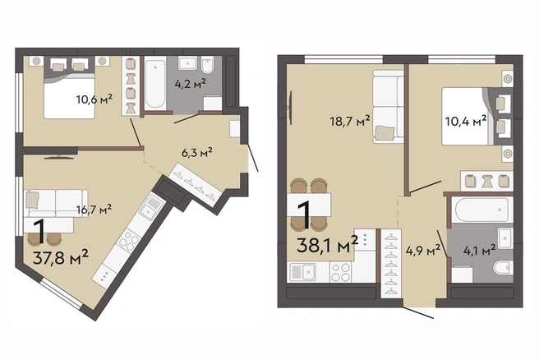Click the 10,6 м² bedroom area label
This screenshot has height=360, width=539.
[94, 99]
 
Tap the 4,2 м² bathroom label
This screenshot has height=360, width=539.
[191, 84]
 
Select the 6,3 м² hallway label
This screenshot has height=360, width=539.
[197, 152]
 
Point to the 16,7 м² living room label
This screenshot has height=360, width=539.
[94, 209]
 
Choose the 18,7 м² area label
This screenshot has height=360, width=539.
[350, 121]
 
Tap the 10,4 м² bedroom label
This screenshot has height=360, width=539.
[466, 121]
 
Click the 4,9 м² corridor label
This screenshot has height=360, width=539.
[423, 250]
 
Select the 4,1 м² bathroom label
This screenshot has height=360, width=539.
[480, 250]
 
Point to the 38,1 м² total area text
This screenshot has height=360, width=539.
[327, 245]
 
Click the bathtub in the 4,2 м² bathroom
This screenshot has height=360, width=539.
[155, 84]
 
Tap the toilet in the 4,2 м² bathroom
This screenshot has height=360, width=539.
[207, 65]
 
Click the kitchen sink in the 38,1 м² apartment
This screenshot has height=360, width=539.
[304, 272]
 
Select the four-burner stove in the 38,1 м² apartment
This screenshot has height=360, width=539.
[341, 272]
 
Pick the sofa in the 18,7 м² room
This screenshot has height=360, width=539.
[389, 107]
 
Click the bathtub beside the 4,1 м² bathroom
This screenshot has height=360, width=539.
[481, 210]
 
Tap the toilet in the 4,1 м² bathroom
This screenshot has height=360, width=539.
[503, 267]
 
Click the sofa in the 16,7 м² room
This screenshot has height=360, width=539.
[53, 203]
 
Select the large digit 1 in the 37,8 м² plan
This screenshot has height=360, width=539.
[40, 232]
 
